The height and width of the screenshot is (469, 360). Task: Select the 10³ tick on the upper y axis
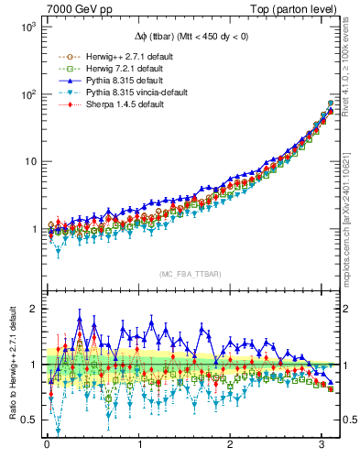pos(27,27)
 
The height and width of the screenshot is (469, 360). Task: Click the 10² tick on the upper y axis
pos(27,94)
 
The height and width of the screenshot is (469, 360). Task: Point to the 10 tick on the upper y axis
pos(29,162)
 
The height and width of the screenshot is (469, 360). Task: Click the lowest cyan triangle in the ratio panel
pos(59,430)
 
